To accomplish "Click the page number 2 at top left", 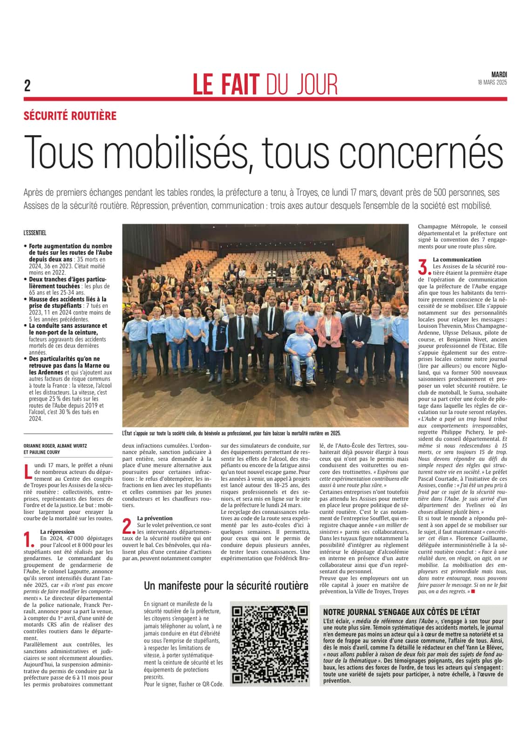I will tap(27, 86).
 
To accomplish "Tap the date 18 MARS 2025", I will tap(492, 82).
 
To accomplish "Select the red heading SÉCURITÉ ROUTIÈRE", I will tap(70, 116).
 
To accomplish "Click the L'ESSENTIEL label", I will tap(35, 233).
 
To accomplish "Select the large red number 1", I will tap(29, 539).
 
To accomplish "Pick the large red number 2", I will tap(128, 525).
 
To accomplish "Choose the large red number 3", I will tap(423, 267).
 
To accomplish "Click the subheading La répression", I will tap(57, 531).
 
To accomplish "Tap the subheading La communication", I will tap(450, 259).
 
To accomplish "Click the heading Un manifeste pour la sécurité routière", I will tap(226, 586).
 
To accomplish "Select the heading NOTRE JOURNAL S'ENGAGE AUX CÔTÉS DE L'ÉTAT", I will tap(402, 612).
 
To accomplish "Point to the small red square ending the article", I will tap(473, 592).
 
